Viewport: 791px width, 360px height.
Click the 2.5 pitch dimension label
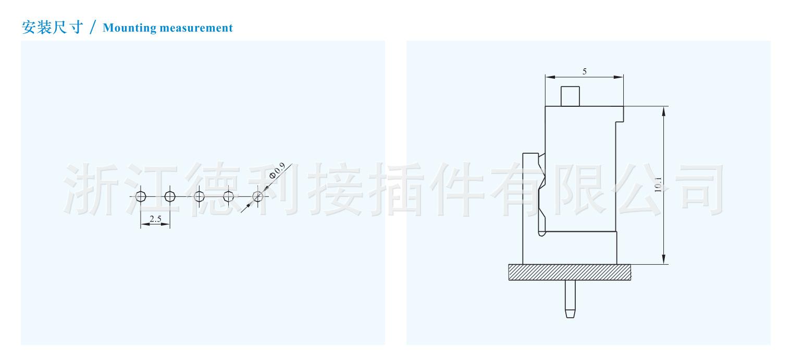pyautogui.click(x=155, y=219)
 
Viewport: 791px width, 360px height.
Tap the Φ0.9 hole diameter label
pyautogui.click(x=277, y=170)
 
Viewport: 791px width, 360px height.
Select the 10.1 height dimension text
pyautogui.click(x=658, y=184)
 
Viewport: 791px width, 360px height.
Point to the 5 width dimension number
pyautogui.click(x=585, y=71)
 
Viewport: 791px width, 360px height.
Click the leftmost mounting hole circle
pyautogui.click(x=141, y=196)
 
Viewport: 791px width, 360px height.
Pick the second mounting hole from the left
pyautogui.click(x=170, y=196)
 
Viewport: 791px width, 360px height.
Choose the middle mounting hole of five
pyautogui.click(x=199, y=196)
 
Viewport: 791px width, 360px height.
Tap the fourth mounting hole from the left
pyautogui.click(x=228, y=196)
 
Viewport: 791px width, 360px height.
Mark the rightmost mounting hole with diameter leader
pyautogui.click(x=258, y=196)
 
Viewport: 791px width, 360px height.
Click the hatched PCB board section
pyautogui.click(x=570, y=272)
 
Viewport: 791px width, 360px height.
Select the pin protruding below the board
pyautogui.click(x=570, y=299)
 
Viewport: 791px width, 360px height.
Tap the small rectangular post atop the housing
pyautogui.click(x=570, y=96)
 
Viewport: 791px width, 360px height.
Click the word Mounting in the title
pyautogui.click(x=129, y=28)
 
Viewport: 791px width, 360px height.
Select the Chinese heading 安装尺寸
pyautogui.click(x=52, y=27)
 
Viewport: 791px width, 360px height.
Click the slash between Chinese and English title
pyautogui.click(x=93, y=27)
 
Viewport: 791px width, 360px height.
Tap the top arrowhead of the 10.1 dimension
pyautogui.click(x=664, y=111)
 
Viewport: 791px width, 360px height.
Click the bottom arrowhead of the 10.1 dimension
pyautogui.click(x=664, y=259)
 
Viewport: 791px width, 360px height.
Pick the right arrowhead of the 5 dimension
pyautogui.click(x=619, y=77)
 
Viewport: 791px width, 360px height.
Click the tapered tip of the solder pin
pyautogui.click(x=570, y=314)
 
